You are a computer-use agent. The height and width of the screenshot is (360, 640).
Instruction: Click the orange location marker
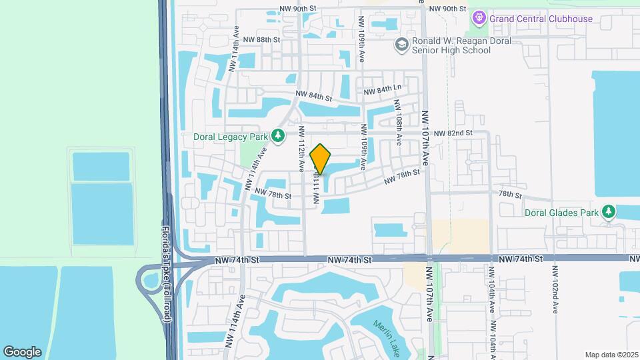point(321,159)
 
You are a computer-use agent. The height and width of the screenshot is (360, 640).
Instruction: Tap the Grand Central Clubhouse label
point(541,19)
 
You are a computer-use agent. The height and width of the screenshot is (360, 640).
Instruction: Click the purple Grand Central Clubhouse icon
point(479,18)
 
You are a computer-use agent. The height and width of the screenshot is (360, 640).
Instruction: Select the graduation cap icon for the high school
point(401,45)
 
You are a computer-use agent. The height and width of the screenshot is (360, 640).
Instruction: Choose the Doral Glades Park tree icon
point(608,212)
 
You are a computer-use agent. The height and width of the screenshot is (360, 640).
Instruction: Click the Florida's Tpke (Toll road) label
point(167,275)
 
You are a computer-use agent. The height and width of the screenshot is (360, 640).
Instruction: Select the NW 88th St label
point(261,40)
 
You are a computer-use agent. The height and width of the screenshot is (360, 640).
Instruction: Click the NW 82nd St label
point(453,133)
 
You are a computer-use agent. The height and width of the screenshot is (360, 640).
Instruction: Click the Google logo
point(22,351)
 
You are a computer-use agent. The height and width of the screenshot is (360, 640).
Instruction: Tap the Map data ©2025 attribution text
point(611,355)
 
